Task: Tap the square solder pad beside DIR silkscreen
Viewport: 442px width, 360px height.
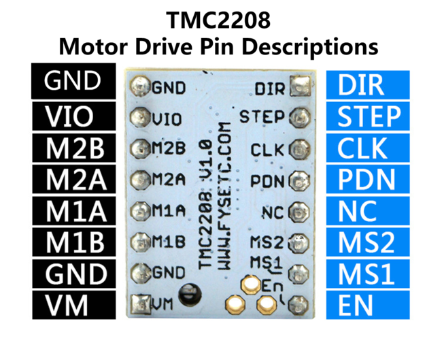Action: [x=298, y=86]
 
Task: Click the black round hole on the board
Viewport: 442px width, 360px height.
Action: [x=186, y=295]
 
